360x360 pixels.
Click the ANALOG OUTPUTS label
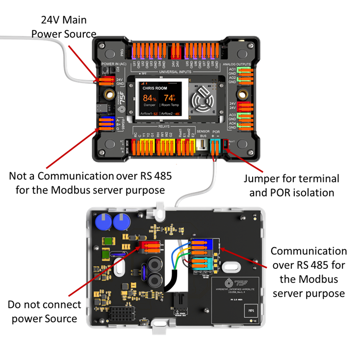[x=237, y=64]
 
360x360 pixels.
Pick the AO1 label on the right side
[x=232, y=70]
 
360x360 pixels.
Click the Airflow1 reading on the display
[x=148, y=113]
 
